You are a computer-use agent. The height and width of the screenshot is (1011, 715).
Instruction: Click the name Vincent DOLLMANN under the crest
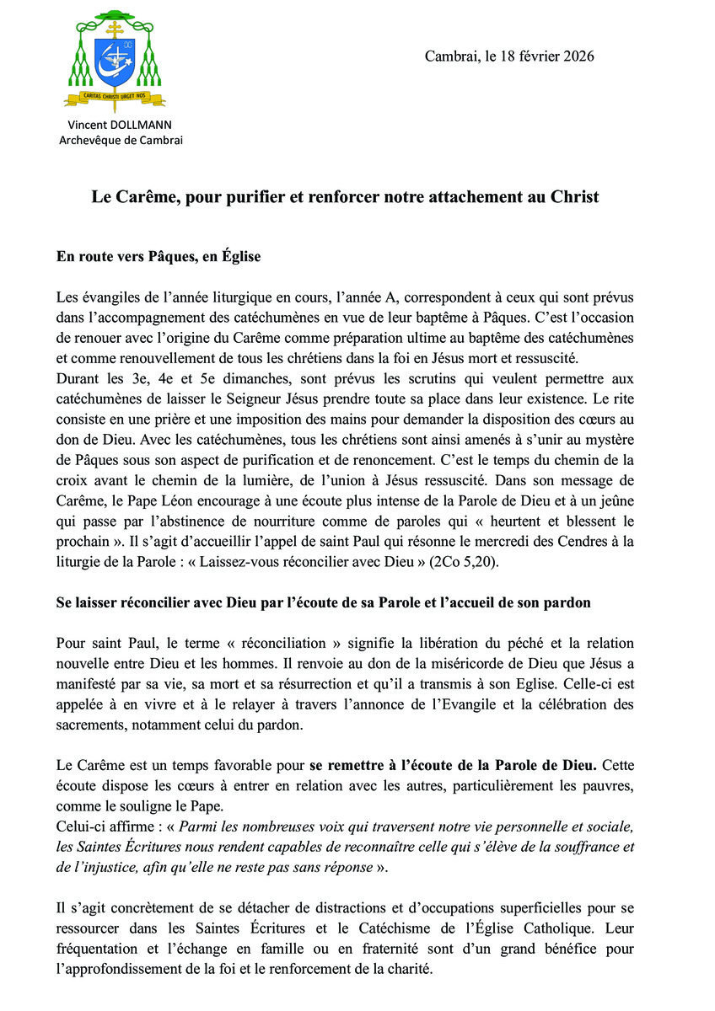tap(120, 125)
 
